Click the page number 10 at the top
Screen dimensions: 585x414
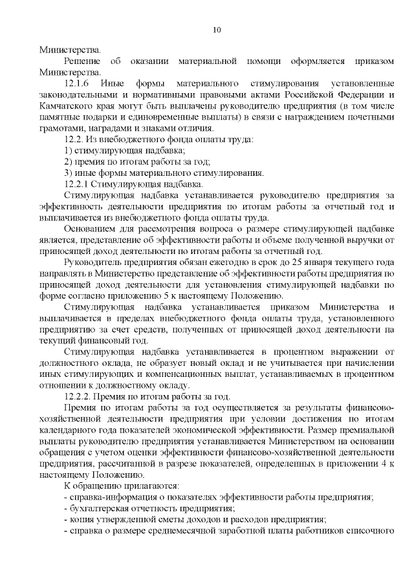tap(217, 30)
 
